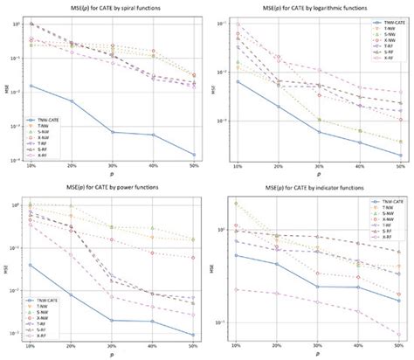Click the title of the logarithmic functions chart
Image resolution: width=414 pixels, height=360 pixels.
coord(316,7)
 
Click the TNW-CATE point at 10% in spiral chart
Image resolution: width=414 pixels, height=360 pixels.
coord(31,86)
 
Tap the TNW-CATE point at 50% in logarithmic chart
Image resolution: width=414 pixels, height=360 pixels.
coord(400,156)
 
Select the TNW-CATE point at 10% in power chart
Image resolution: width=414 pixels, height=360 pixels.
coord(31,265)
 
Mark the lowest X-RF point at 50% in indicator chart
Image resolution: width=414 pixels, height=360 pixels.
coord(400,334)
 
